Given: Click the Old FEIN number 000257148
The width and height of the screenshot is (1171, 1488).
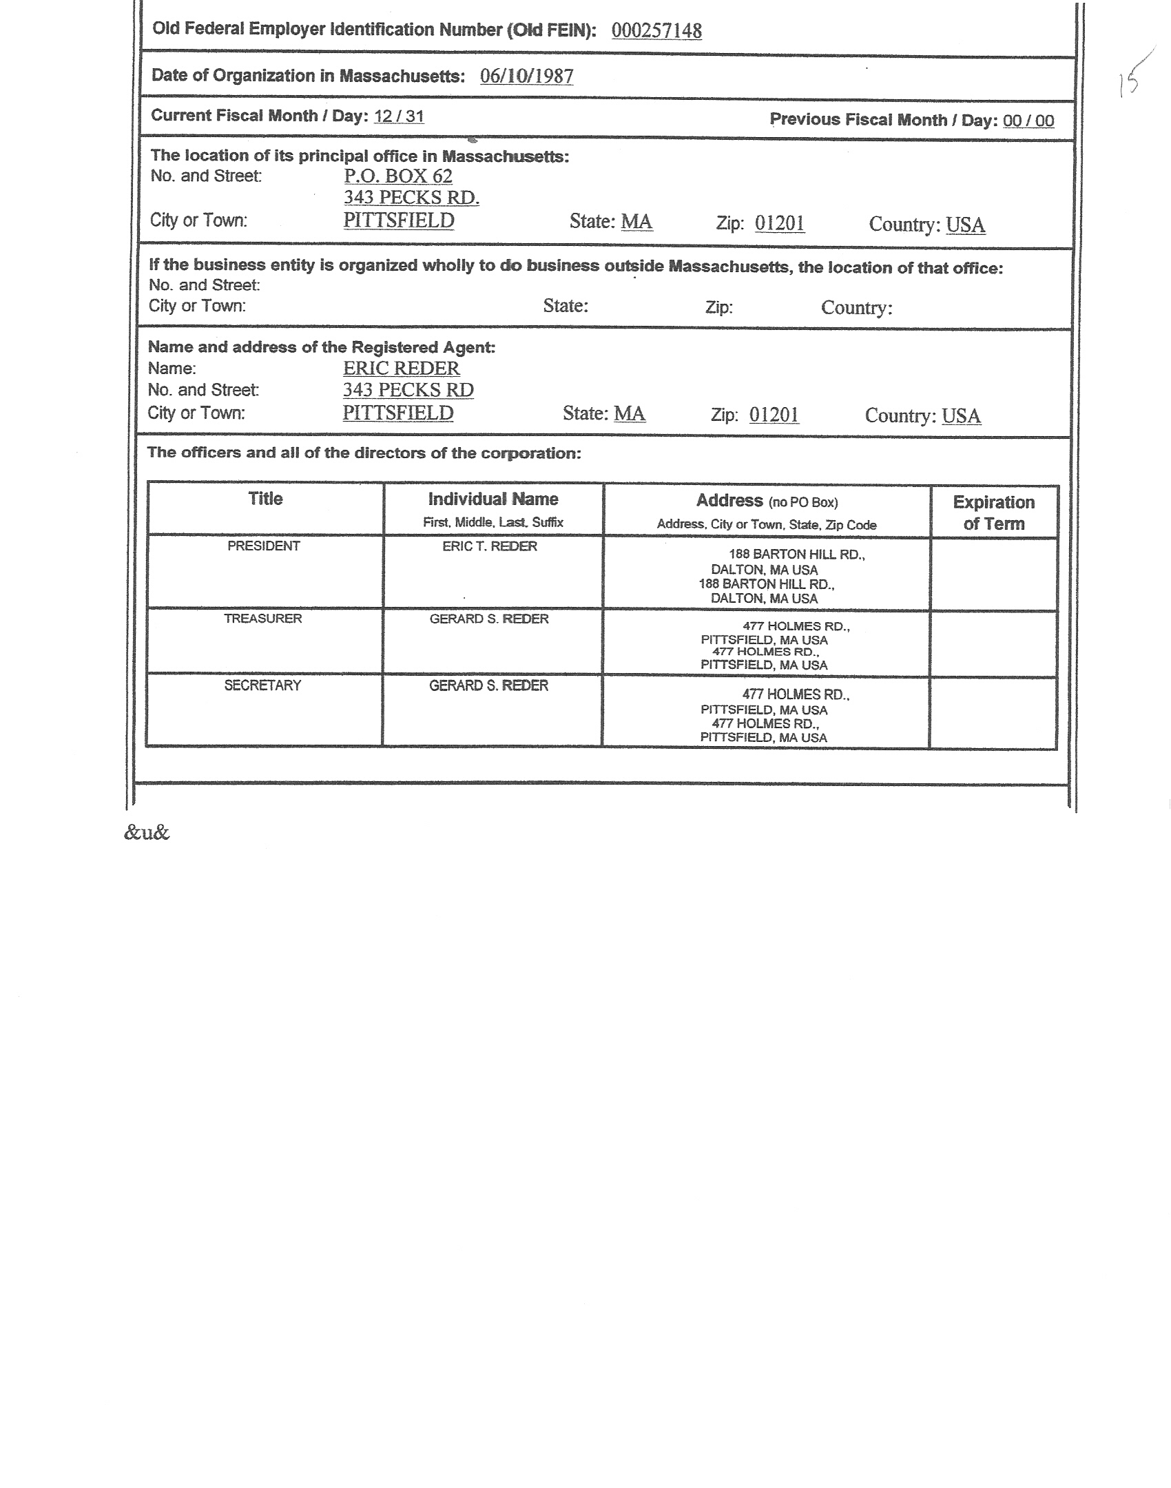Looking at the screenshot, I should point(656,31).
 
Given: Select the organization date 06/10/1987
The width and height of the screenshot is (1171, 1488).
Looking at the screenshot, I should point(526,76).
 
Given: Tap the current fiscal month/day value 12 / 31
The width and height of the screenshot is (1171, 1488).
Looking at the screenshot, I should point(399,116).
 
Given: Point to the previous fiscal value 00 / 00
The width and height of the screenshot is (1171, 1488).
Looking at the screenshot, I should point(1028,121).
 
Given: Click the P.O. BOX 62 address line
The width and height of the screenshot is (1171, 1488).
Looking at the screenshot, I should point(398,176).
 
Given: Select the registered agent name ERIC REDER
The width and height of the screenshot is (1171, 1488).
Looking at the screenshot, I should point(402,369).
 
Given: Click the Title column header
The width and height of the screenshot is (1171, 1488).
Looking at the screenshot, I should point(265,499).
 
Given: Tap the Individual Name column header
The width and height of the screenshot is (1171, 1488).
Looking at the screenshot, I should point(493,499).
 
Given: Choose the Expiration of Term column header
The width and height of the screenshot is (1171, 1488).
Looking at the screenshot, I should point(993,513).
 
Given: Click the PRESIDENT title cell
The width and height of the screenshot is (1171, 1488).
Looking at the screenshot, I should point(264,546).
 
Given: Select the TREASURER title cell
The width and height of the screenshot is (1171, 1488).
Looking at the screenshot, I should point(263,619).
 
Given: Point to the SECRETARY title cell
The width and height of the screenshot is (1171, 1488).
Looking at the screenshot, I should point(262,685).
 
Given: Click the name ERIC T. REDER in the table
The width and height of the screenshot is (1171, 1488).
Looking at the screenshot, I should point(490,546).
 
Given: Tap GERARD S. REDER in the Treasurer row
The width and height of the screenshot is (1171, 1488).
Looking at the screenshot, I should point(489,619).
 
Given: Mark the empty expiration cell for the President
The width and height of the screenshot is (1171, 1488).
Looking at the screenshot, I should point(993,574).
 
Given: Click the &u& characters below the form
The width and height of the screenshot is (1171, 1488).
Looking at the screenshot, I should point(147,833).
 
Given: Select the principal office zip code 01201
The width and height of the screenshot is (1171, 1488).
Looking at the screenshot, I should point(780,223).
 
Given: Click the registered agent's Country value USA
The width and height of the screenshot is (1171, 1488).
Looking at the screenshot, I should point(961,416).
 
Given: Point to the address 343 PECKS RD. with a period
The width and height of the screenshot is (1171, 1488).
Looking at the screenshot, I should point(411,198).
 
